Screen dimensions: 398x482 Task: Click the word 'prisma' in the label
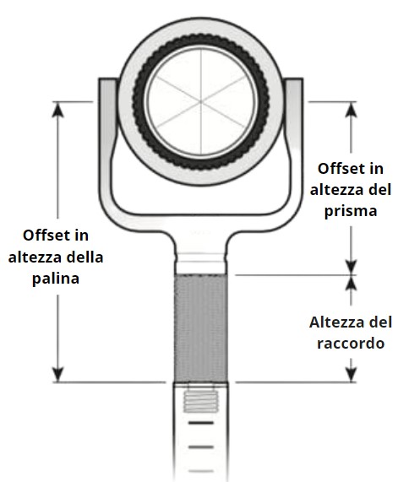351,212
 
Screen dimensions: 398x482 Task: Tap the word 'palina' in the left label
56,279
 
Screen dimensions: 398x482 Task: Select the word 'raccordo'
351,343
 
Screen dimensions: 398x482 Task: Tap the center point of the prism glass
201,101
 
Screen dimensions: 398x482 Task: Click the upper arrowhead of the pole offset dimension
57,110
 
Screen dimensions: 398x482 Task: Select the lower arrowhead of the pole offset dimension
57,374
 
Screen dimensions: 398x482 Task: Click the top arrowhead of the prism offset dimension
351,110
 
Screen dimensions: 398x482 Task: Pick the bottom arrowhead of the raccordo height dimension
351,374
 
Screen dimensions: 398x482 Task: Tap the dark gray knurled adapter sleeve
201,328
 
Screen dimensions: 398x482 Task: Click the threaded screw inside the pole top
201,402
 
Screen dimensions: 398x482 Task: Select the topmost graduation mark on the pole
201,423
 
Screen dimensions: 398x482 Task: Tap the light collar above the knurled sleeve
201,263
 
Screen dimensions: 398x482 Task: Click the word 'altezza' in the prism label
333,190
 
